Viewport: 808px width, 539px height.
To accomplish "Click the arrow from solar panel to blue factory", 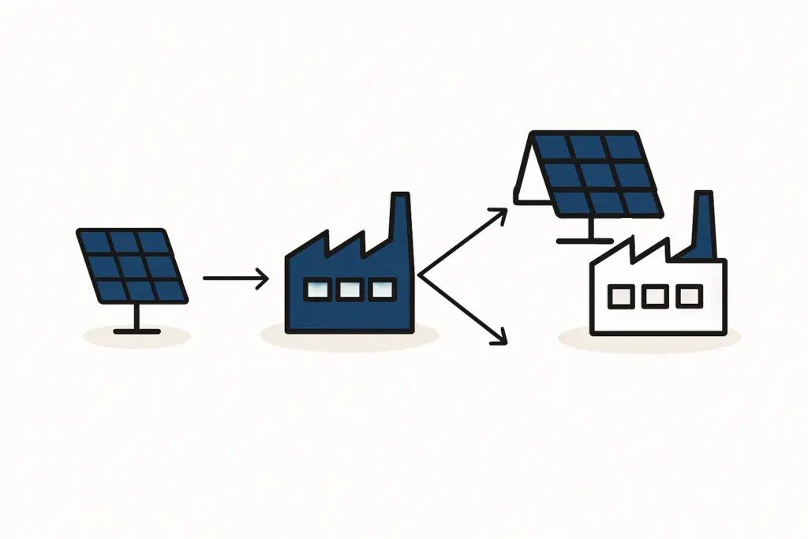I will tap(235, 278).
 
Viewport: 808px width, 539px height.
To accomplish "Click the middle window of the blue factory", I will tap(349, 290).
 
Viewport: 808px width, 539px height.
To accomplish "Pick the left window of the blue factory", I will tap(316, 290).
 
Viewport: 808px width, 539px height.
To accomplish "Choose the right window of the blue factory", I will tap(382, 290).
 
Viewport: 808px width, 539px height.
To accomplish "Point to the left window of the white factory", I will tap(621, 297).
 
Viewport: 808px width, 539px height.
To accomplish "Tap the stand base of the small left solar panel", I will tap(137, 331).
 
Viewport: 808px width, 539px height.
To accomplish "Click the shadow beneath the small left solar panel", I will tap(137, 337).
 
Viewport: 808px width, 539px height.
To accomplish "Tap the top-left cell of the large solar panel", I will tap(554, 147).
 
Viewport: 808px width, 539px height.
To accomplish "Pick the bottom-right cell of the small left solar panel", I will tap(169, 290).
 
